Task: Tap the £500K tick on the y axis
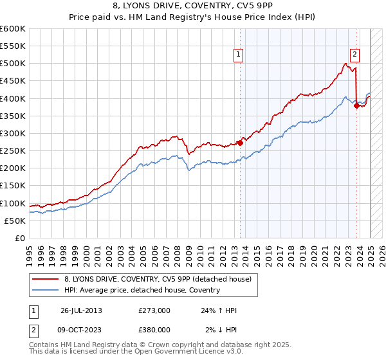[13, 64]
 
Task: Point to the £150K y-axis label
[13, 186]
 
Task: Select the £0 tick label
[19, 239]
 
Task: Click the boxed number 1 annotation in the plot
[238, 55]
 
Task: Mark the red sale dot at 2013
[240, 143]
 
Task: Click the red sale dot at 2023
[356, 106]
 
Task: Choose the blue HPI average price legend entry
[142, 290]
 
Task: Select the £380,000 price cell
[154, 329]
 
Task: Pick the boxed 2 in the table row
[32, 329]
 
